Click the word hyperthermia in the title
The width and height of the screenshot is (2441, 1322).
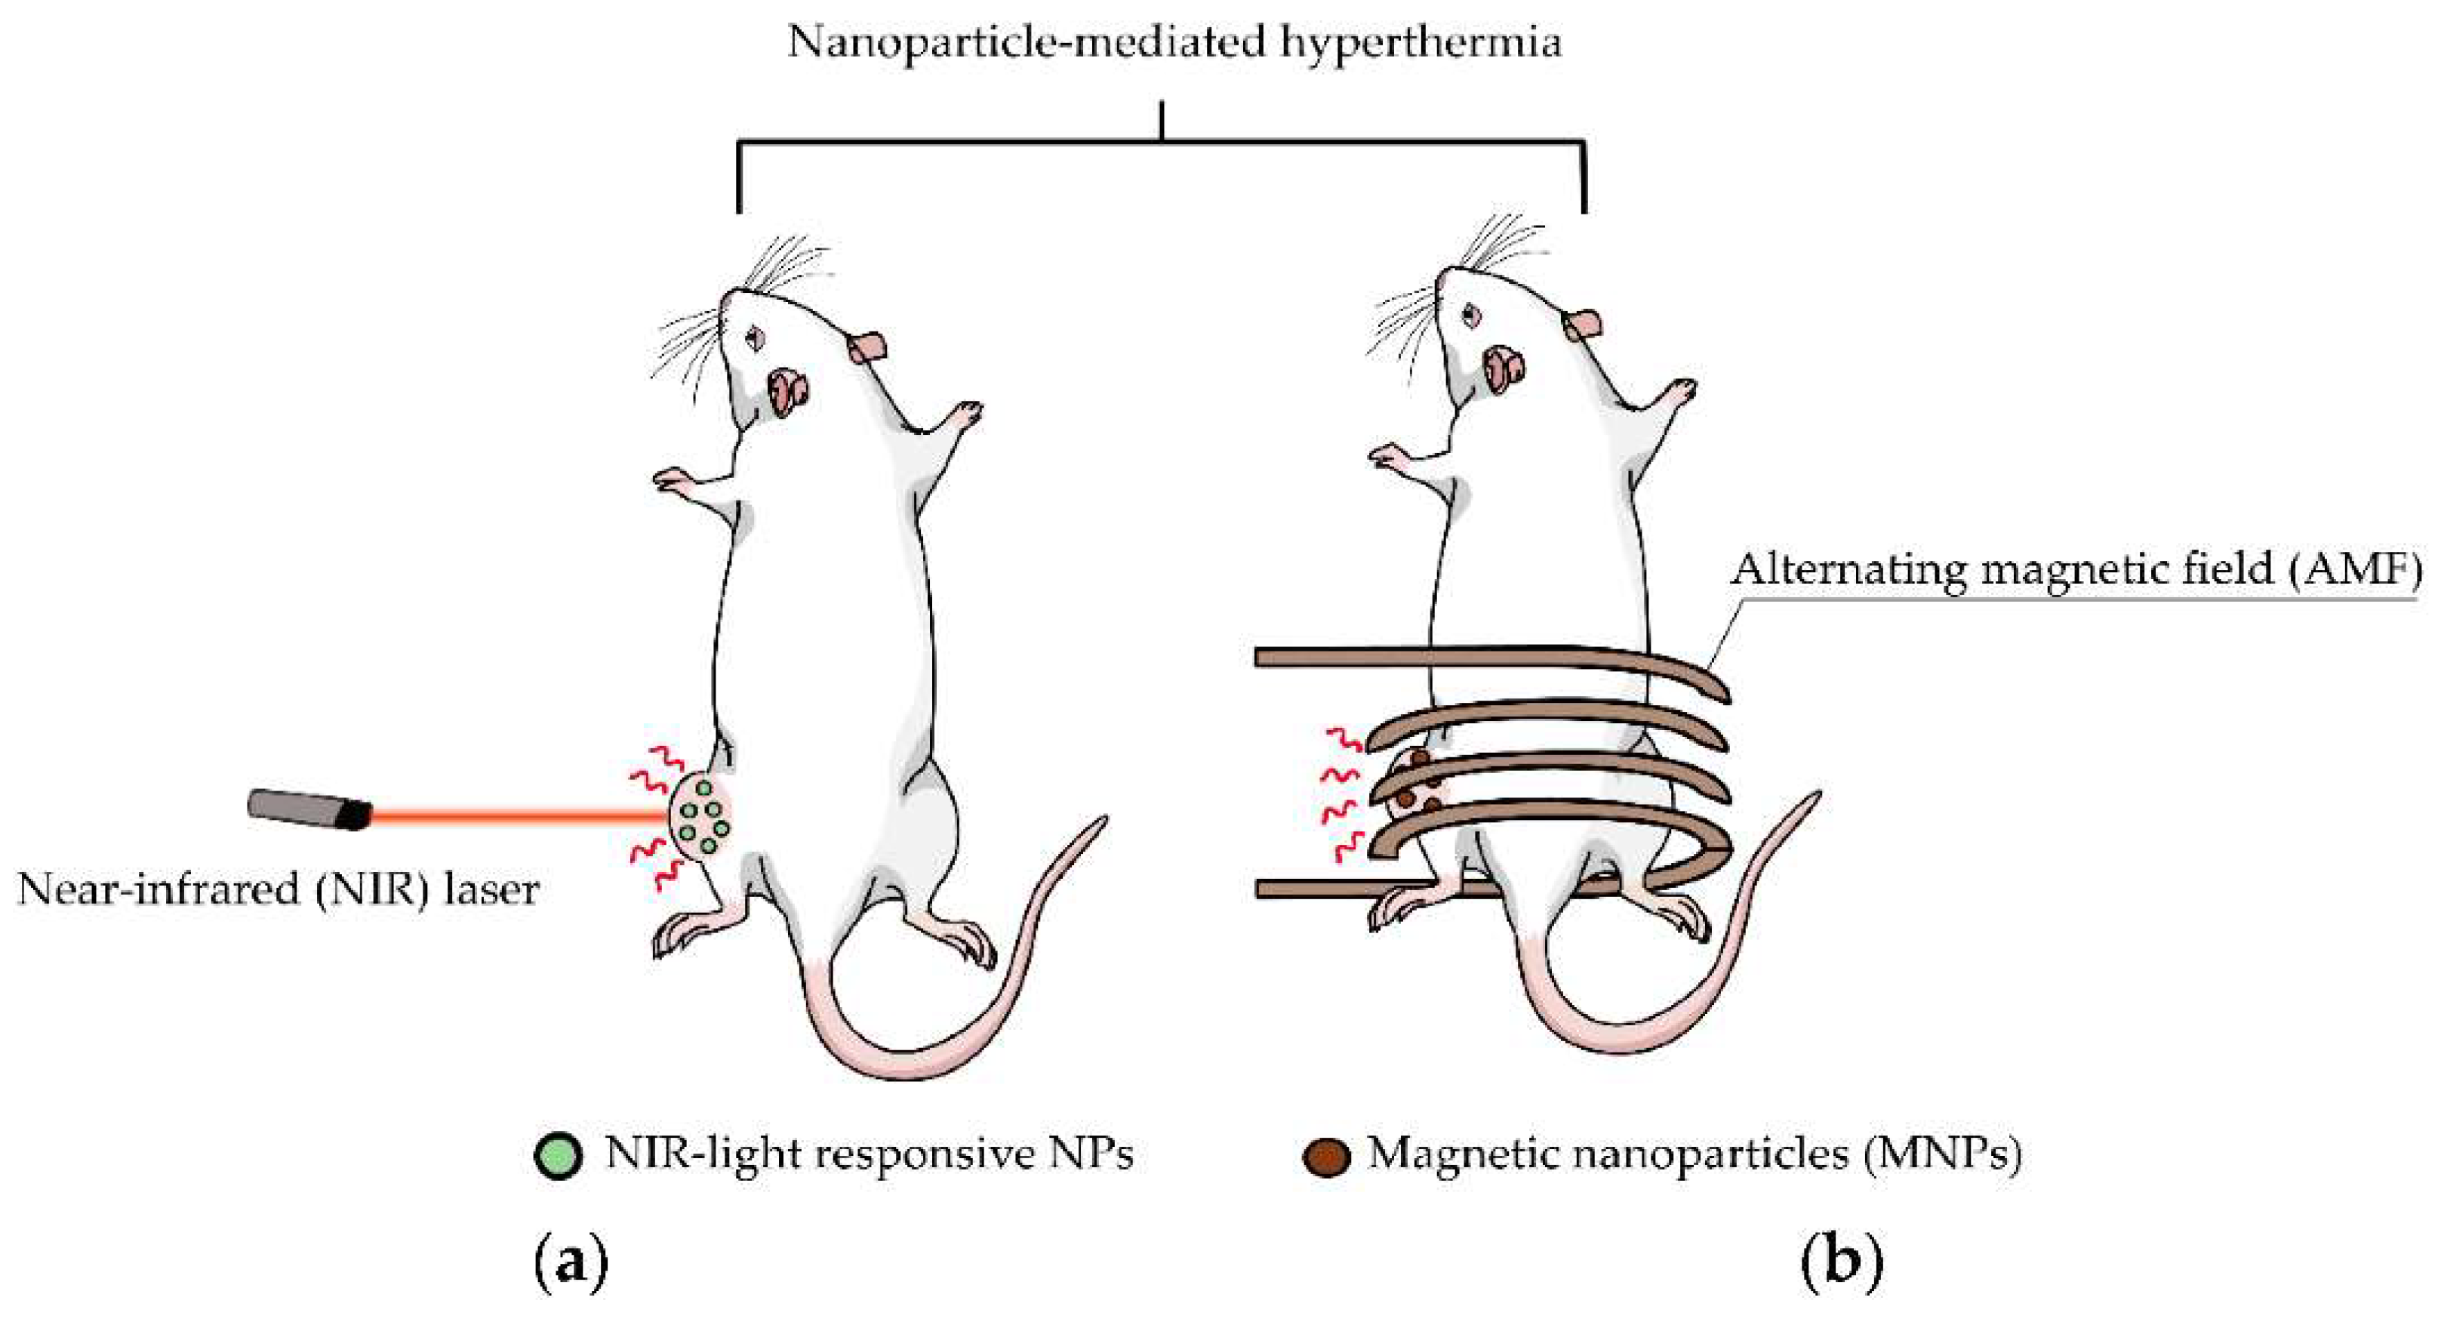point(1421,42)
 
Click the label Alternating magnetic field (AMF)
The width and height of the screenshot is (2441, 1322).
point(2075,571)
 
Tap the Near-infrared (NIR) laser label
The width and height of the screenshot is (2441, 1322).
point(278,891)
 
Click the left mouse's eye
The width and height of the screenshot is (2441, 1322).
point(756,335)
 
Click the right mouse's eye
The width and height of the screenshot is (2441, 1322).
point(1470,312)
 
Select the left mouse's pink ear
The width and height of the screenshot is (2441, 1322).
point(867,348)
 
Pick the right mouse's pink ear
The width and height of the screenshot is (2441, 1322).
point(1583,325)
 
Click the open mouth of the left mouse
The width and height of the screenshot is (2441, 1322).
point(789,386)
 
